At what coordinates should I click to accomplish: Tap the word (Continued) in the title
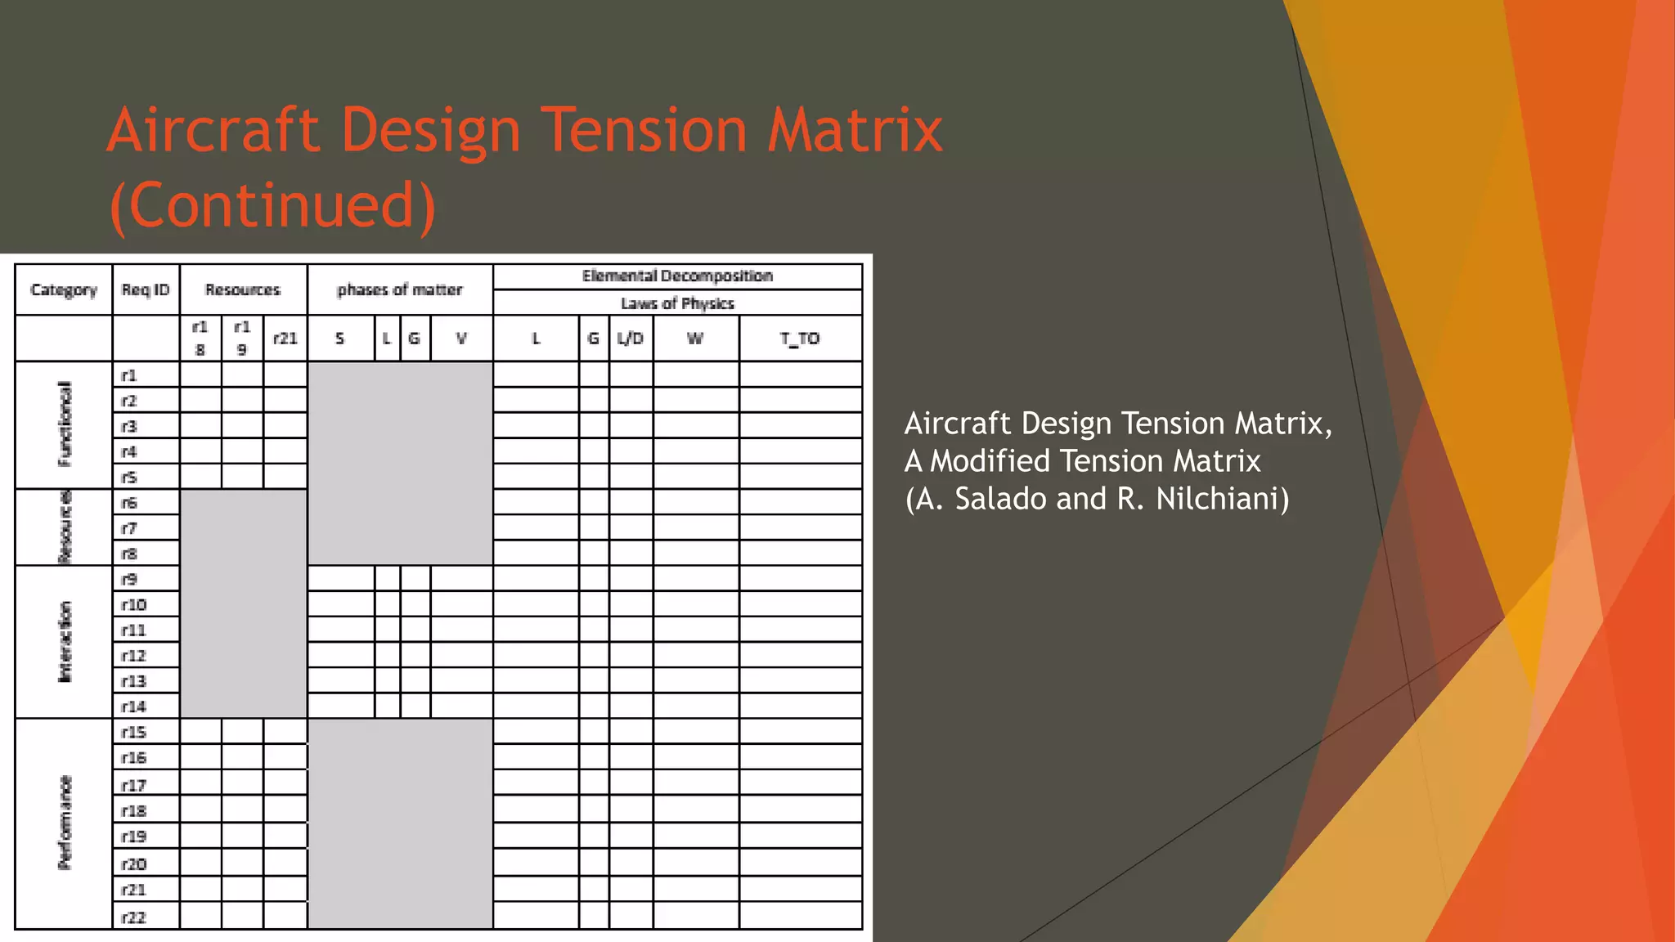point(272,204)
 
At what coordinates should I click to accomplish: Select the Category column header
point(64,289)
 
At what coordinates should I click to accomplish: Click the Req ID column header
point(146,289)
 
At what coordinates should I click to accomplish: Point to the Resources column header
point(243,289)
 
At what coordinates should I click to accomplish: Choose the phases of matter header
point(400,289)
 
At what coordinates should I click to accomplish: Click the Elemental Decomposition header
point(677,276)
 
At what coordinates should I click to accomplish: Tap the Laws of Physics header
point(677,303)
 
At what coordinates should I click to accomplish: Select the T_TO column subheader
point(800,339)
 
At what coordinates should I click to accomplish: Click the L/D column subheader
point(631,339)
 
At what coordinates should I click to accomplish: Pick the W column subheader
point(695,339)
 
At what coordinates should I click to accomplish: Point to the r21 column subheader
point(285,339)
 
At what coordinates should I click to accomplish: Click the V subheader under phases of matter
point(461,339)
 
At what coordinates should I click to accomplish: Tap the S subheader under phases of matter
point(340,339)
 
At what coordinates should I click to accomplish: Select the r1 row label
point(129,375)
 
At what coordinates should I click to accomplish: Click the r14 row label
point(133,706)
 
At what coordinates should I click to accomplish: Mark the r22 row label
point(133,917)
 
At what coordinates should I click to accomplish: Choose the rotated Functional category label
point(65,424)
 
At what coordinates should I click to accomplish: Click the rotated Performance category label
point(65,823)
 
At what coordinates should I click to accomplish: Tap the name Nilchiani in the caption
point(1223,499)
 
